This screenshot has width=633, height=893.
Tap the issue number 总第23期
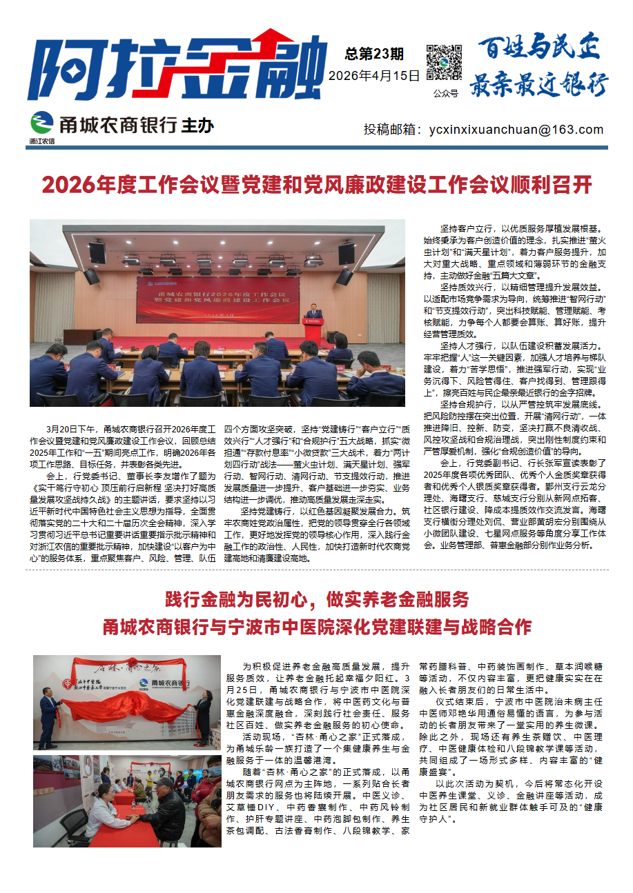374,54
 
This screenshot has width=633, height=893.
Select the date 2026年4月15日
374,76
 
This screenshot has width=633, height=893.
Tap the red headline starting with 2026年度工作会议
317,185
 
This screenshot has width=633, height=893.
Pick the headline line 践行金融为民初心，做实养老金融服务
317,598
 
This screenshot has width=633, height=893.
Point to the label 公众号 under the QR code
445,92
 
